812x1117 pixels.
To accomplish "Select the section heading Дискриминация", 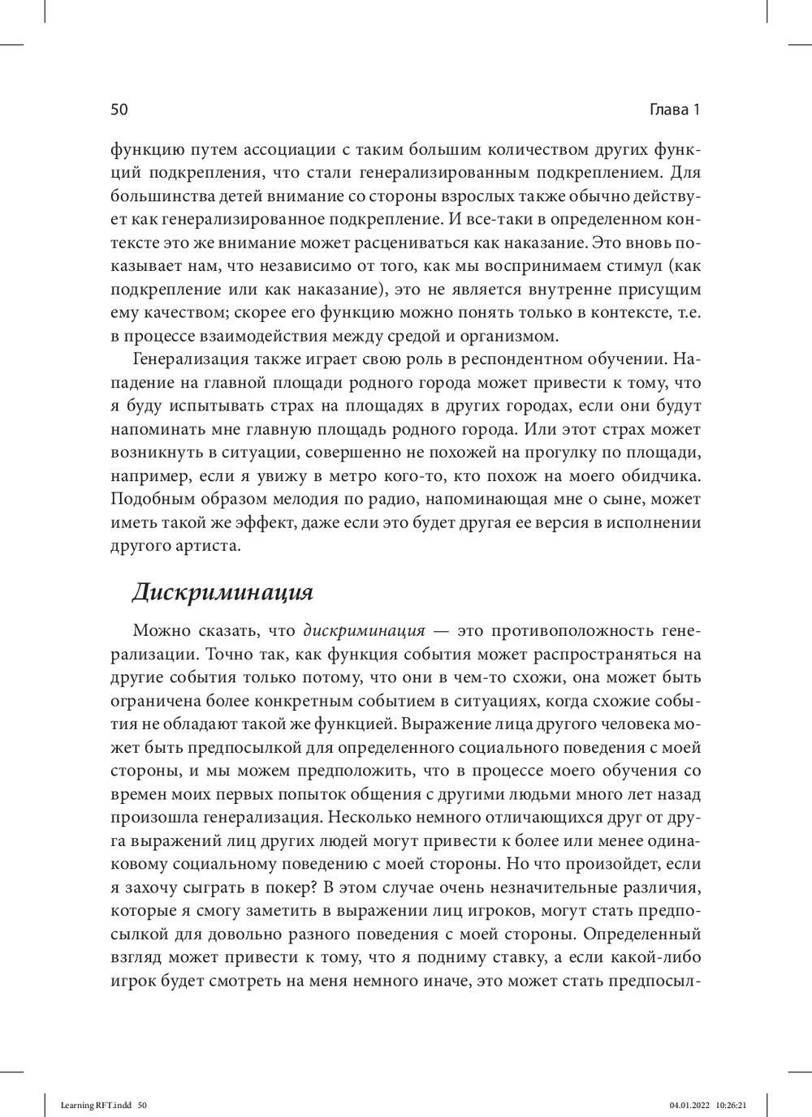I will pyautogui.click(x=222, y=591).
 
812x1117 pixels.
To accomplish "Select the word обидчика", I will pyautogui.click(x=660, y=475).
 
